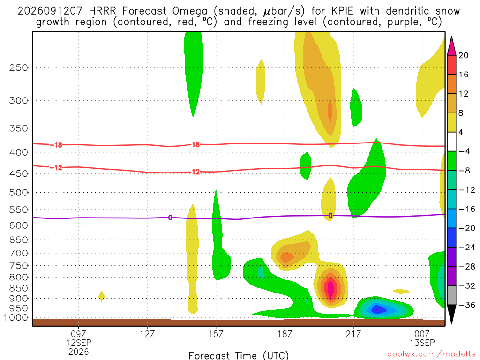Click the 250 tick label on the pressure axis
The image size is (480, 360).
click(18, 67)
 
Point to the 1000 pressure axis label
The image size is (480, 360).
click(16, 318)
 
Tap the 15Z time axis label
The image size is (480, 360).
click(216, 334)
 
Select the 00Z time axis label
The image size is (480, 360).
click(422, 334)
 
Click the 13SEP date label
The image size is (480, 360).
click(422, 343)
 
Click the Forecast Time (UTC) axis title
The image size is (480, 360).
click(239, 355)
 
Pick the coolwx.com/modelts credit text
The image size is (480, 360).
click(431, 354)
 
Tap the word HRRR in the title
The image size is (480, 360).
click(102, 11)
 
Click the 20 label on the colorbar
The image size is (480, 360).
click(463, 55)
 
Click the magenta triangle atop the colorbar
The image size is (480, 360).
click(451, 46)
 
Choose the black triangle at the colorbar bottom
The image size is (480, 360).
click(451, 314)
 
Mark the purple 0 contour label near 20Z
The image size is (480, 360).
click(330, 216)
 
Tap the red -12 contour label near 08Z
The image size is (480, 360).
click(56, 167)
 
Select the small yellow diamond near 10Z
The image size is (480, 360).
click(102, 296)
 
